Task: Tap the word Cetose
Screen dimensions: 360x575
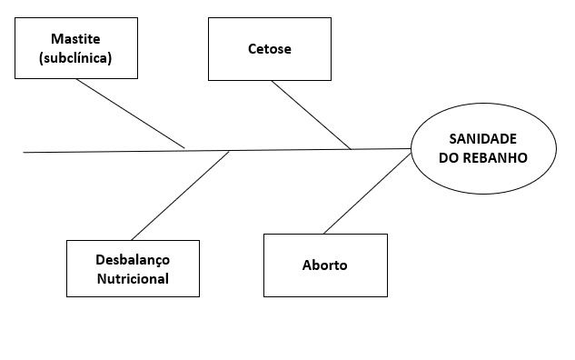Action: pyautogui.click(x=270, y=49)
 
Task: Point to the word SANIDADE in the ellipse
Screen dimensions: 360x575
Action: pyautogui.click(x=482, y=138)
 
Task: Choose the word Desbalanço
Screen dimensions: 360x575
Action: pyautogui.click(x=133, y=259)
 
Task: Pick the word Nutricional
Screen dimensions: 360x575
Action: pyautogui.click(x=133, y=278)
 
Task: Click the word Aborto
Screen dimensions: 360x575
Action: pyautogui.click(x=324, y=265)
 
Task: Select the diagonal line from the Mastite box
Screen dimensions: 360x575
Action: pyautogui.click(x=130, y=113)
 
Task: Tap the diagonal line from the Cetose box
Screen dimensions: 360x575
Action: pyautogui.click(x=311, y=115)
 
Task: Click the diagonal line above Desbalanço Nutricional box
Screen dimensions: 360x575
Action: pyautogui.click(x=180, y=195)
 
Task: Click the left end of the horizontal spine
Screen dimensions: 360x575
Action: pyautogui.click(x=25, y=153)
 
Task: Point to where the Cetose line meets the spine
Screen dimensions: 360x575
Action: pyautogui.click(x=352, y=149)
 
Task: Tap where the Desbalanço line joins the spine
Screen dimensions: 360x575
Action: pyautogui.click(x=229, y=151)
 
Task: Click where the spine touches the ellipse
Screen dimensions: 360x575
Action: pyautogui.click(x=411, y=148)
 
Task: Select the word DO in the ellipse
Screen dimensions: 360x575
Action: pyautogui.click(x=449, y=156)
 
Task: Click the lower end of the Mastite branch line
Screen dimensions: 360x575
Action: pyautogui.click(x=184, y=147)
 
